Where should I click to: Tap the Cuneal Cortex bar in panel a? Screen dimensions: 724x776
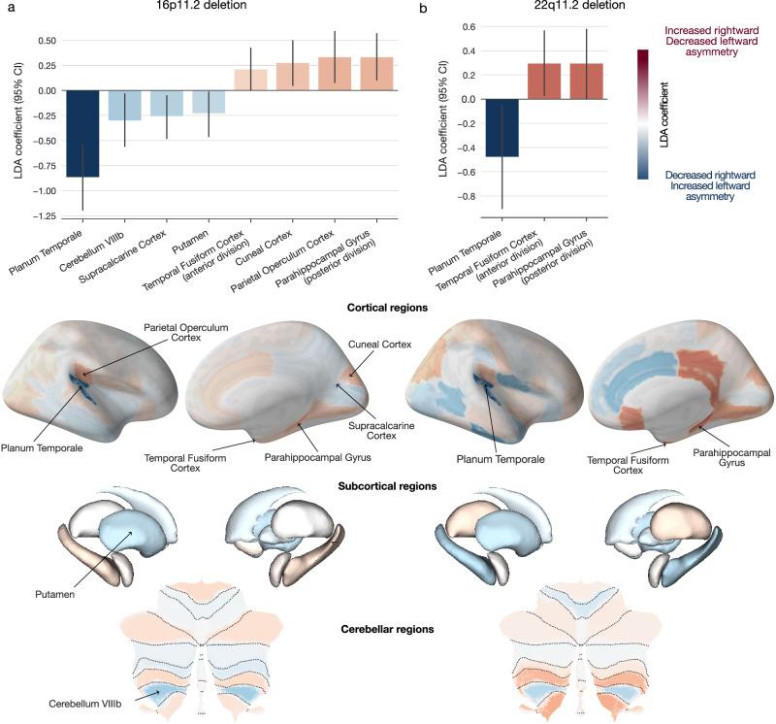[293, 77]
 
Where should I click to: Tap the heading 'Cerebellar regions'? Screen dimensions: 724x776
[389, 629]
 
